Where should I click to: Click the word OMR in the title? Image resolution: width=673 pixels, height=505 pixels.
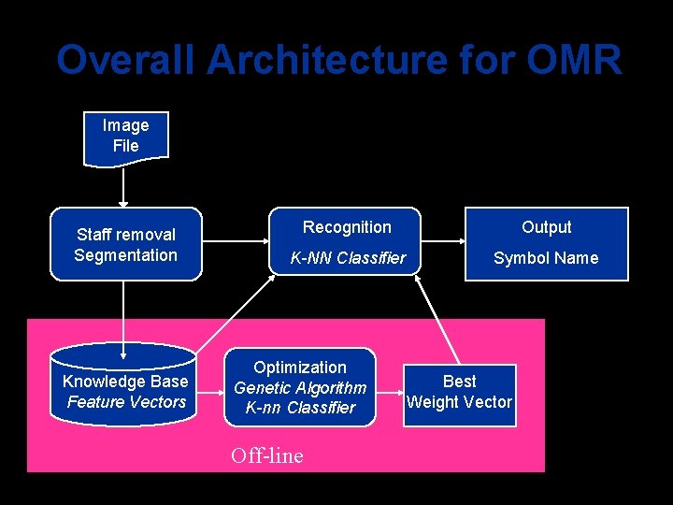[x=573, y=61]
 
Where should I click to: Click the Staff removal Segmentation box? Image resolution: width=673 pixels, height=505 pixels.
[x=125, y=244]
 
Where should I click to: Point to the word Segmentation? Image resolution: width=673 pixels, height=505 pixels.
[x=125, y=255]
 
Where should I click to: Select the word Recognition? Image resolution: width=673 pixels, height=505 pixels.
[x=347, y=227]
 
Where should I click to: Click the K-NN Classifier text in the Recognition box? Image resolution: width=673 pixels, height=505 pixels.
[x=347, y=258]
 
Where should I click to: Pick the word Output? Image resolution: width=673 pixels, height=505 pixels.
[x=546, y=227]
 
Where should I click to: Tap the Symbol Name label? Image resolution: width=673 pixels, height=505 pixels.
[x=546, y=258]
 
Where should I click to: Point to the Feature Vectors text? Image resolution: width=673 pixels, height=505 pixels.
[x=126, y=402]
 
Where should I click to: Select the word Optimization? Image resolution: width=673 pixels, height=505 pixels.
[x=299, y=368]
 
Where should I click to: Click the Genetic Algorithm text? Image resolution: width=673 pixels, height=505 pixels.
[x=299, y=388]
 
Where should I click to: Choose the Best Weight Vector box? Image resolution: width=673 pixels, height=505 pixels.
[x=459, y=393]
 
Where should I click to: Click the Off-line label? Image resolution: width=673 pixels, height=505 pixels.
[x=266, y=456]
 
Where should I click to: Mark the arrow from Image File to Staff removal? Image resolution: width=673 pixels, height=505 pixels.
[x=123, y=187]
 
